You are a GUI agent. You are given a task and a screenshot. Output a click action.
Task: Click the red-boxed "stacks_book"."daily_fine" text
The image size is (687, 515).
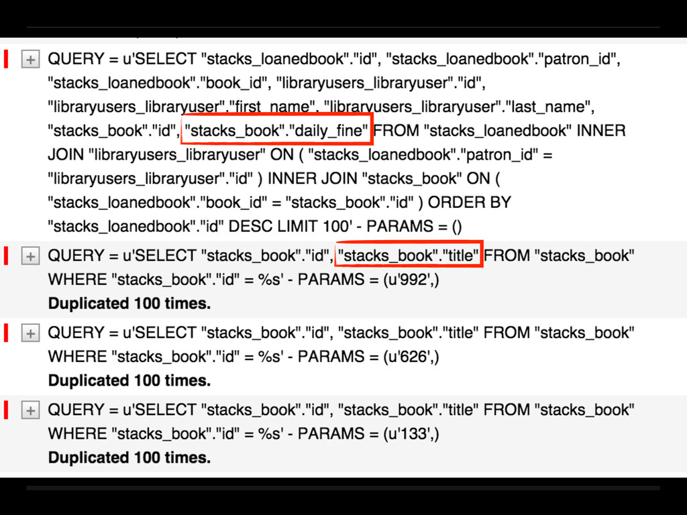pyautogui.click(x=276, y=131)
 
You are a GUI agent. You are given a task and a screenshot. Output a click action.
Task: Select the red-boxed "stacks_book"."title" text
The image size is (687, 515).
pyautogui.click(x=409, y=255)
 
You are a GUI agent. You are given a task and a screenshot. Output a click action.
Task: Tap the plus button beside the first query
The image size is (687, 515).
pyautogui.click(x=30, y=60)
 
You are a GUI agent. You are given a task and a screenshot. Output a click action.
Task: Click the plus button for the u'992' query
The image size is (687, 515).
pyautogui.click(x=30, y=256)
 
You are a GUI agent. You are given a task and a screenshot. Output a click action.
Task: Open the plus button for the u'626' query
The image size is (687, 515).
pyautogui.click(x=30, y=333)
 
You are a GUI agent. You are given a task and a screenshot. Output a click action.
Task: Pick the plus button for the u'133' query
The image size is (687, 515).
pyautogui.click(x=30, y=410)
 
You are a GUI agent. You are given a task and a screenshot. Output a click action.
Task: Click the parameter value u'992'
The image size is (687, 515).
pyautogui.click(x=411, y=280)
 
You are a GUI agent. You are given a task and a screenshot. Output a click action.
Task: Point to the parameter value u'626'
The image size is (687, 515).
pyautogui.click(x=411, y=357)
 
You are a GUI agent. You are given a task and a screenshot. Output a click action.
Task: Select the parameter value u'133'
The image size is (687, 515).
pyautogui.click(x=411, y=434)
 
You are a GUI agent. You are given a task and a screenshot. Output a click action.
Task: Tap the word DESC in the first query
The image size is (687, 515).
pyautogui.click(x=248, y=227)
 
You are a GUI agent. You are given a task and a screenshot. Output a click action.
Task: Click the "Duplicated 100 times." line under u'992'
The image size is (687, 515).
pyautogui.click(x=129, y=304)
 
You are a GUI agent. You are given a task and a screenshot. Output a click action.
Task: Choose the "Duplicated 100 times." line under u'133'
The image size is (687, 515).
pyautogui.click(x=129, y=458)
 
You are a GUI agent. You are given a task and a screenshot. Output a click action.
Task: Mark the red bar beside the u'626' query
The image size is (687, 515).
pyautogui.click(x=6, y=333)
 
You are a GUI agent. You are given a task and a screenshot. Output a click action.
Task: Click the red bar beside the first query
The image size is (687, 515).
pyautogui.click(x=6, y=59)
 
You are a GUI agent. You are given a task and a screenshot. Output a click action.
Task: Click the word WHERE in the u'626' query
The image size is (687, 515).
pyautogui.click(x=77, y=357)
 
